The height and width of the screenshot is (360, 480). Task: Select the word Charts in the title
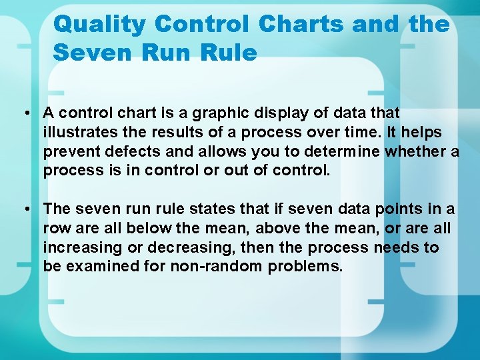tap(301, 24)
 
